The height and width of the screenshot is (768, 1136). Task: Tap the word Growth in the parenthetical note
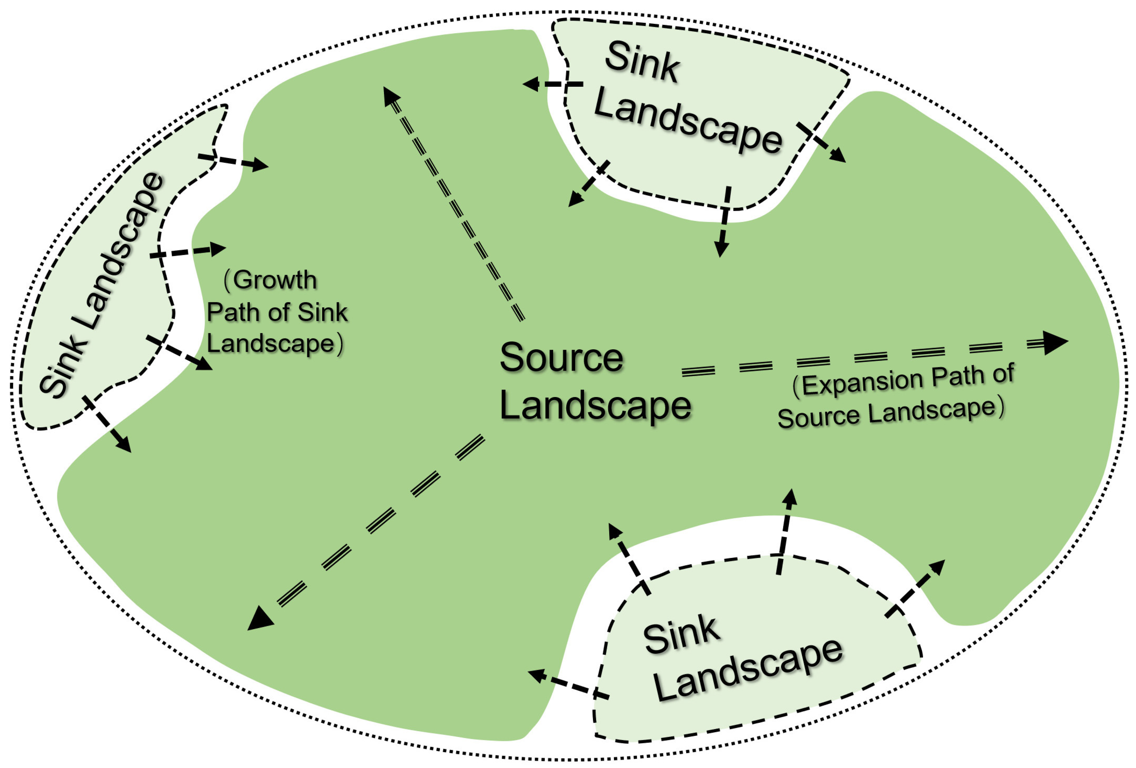(x=275, y=280)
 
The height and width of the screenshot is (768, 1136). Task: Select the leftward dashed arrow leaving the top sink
(x=552, y=84)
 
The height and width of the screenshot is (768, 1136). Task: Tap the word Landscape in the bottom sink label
(x=748, y=672)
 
